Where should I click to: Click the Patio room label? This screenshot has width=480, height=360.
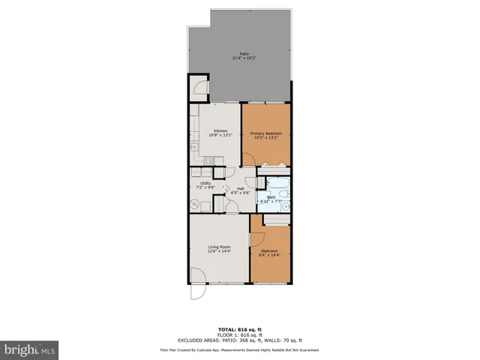coord(244,53)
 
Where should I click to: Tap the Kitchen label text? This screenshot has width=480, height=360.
coord(220,130)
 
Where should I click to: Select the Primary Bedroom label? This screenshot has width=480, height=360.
coord(266,133)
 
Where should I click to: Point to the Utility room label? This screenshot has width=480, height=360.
coord(205,183)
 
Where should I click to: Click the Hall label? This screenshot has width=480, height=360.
coord(241,188)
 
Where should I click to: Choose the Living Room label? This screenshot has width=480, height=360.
coord(219,246)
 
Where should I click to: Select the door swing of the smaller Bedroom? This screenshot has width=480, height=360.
coord(256,241)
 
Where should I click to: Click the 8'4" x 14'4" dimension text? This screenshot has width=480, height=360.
coord(270,256)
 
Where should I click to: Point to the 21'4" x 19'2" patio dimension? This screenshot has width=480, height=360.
coord(244,58)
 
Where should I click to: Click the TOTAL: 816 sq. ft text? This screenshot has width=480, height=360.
coord(240,329)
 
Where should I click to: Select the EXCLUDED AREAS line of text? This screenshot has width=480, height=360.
coord(240,341)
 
